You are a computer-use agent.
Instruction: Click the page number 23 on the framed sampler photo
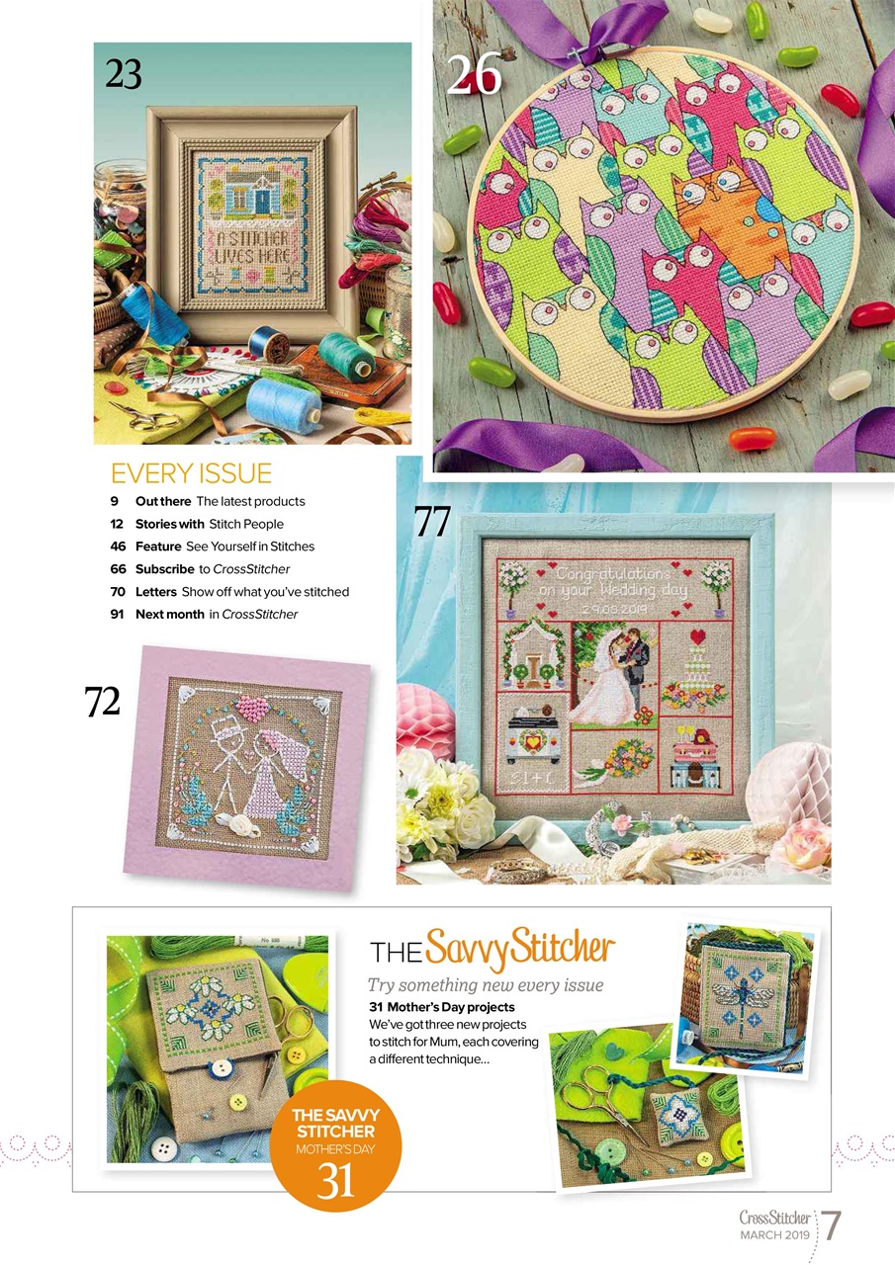coord(124,74)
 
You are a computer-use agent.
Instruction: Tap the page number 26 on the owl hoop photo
coord(474,76)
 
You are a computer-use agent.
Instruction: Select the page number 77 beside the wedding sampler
coord(432,522)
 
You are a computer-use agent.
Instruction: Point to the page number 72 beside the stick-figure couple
coord(102,701)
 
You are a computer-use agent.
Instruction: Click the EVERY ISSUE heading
coord(191,471)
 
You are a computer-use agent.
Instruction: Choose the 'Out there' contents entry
coord(163,501)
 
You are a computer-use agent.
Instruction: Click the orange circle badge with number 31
coord(335,1146)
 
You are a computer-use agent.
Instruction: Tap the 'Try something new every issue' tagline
coord(485,984)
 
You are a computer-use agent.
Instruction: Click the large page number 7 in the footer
coord(833,1226)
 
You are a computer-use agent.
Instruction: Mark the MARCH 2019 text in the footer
coord(774,1236)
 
